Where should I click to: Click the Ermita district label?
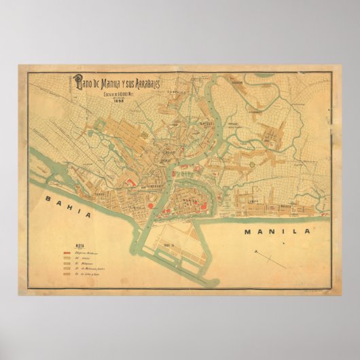(x=254, y=200)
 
